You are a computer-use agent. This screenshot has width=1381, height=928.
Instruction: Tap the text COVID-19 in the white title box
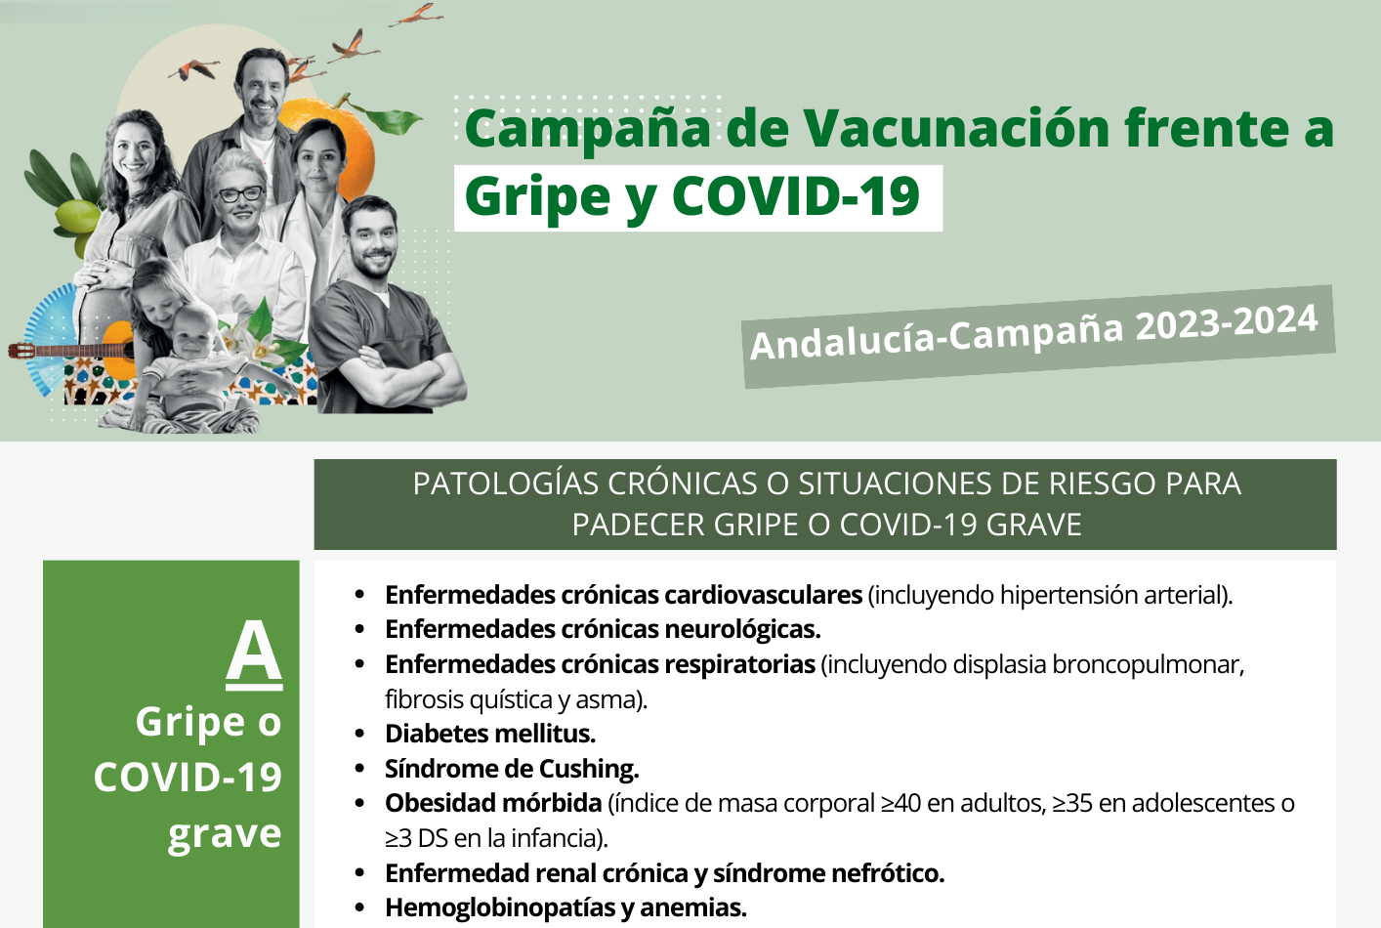tap(796, 196)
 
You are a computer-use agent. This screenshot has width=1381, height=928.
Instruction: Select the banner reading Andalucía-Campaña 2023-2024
tap(1038, 336)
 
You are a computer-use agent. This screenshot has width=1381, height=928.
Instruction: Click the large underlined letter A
tap(254, 654)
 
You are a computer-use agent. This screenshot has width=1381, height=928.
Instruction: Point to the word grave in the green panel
tap(225, 834)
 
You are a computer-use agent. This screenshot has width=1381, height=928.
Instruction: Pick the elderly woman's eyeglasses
tap(240, 194)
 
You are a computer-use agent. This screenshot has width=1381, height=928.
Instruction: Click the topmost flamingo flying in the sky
tap(417, 15)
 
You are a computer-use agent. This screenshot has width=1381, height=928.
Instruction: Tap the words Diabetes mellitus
tap(490, 734)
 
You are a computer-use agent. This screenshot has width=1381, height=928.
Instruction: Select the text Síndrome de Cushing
tap(512, 769)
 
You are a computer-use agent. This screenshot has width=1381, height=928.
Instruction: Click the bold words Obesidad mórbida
tap(493, 803)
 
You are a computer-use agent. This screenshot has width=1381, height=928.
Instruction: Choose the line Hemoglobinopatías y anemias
tap(565, 907)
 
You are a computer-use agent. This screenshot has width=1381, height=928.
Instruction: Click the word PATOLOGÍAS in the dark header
tap(506, 484)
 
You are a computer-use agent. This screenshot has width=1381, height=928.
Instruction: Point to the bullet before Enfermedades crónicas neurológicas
tap(360, 630)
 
